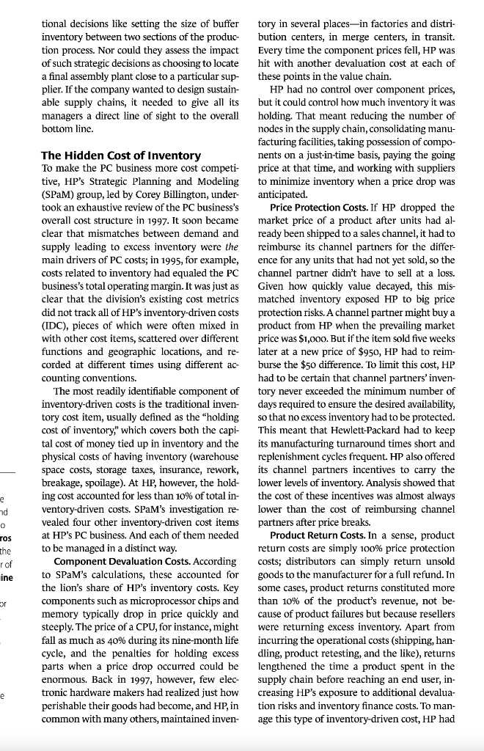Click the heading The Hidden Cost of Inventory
(120, 155)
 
